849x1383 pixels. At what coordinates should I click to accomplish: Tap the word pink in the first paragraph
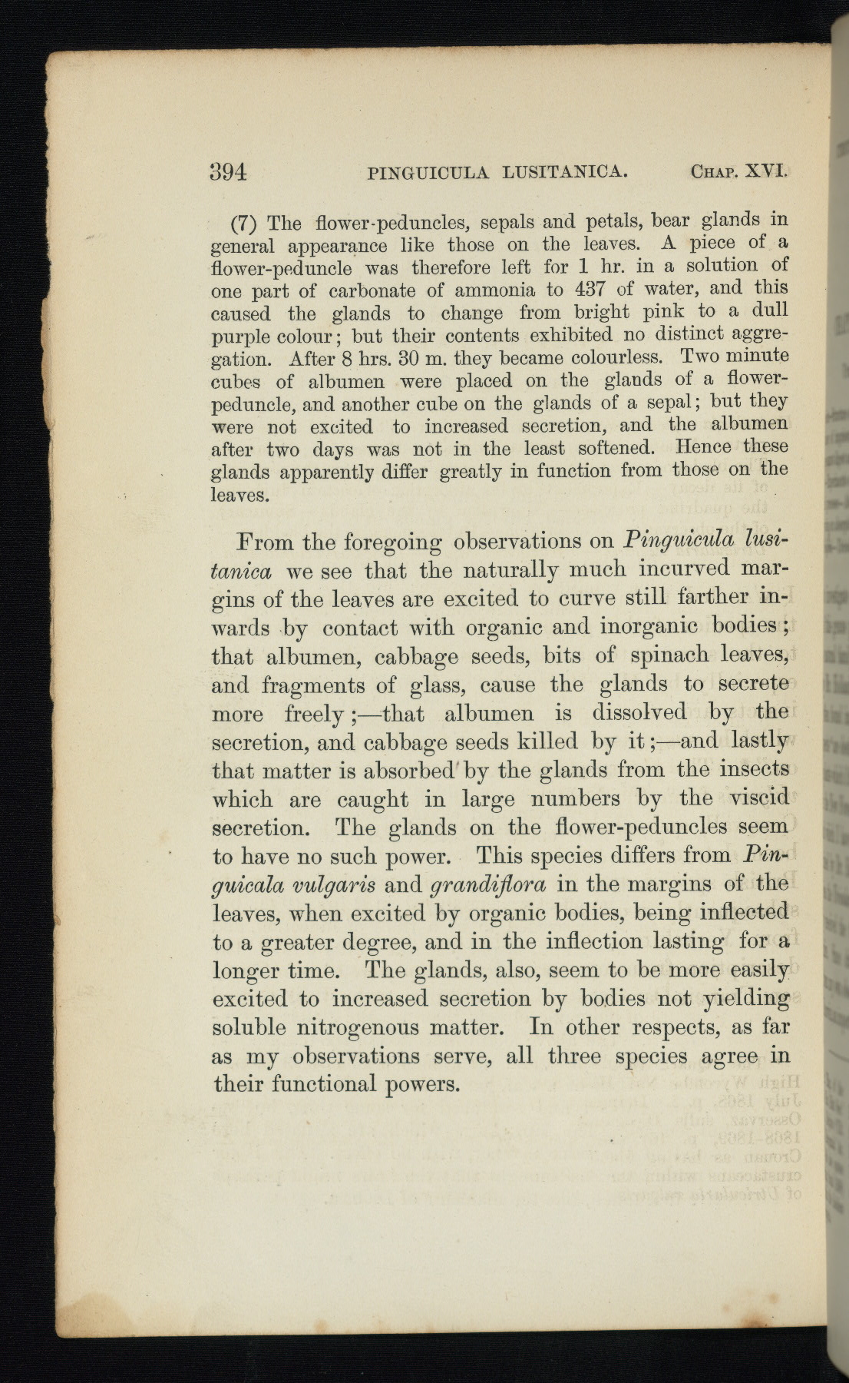coord(662,312)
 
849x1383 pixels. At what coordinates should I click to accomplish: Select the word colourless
coord(622,358)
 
